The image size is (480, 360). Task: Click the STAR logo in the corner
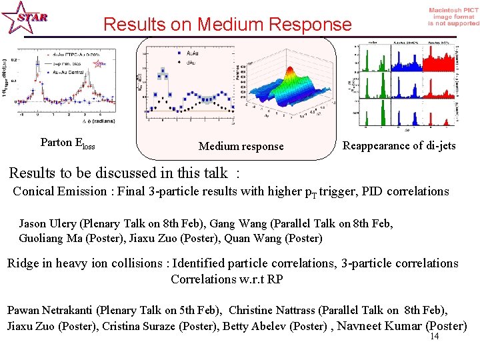pos(25,18)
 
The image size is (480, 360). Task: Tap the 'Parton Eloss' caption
pos(67,143)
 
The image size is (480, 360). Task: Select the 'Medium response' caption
pos(241,146)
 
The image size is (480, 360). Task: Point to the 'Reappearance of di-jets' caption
pos(399,145)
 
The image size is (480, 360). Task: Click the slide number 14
pos(434,337)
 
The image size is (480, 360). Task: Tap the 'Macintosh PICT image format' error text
pos(453,17)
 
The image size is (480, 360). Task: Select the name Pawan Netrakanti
pos(50,310)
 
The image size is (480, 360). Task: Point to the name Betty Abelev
pos(253,326)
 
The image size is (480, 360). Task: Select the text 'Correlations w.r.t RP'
pos(227,279)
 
